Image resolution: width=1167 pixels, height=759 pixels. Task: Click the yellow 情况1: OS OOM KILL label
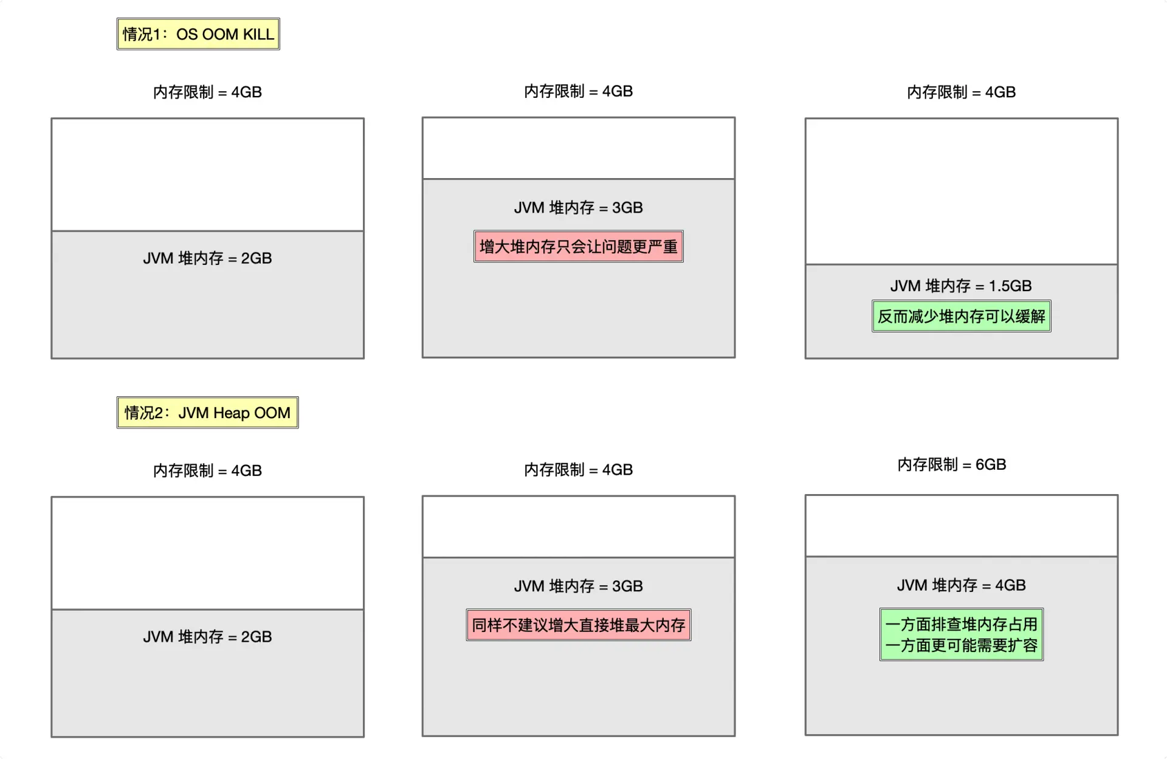click(x=198, y=34)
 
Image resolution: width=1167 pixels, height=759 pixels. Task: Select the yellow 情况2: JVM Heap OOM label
click(x=207, y=413)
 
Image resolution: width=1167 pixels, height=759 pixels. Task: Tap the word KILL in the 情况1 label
click(x=258, y=34)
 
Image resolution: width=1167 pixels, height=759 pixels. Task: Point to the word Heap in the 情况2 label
click(x=231, y=413)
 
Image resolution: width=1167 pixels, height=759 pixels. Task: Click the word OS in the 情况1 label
click(x=187, y=34)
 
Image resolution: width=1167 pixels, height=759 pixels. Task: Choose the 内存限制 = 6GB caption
click(x=952, y=465)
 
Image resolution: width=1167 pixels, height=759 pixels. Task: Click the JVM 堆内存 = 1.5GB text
click(x=961, y=286)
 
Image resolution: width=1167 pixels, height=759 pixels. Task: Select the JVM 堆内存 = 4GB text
click(x=961, y=585)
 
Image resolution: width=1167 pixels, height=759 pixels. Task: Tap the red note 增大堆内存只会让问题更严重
click(x=579, y=246)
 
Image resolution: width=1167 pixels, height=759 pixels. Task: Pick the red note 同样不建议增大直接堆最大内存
click(x=579, y=625)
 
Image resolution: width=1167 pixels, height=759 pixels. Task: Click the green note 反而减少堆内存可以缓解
click(x=962, y=316)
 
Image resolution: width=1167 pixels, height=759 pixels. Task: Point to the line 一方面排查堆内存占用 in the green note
click(x=962, y=624)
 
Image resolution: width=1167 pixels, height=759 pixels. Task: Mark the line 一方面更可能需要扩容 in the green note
click(x=962, y=645)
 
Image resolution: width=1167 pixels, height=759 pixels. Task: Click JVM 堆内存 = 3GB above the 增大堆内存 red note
click(x=579, y=208)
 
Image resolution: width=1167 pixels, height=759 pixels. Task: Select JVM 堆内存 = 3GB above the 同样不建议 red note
click(x=579, y=586)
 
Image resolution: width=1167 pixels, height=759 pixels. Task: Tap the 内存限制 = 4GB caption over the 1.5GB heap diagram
click(x=962, y=92)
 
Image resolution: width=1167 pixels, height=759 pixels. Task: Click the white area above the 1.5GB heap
click(x=962, y=191)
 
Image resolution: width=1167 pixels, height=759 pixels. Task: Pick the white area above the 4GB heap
click(x=962, y=526)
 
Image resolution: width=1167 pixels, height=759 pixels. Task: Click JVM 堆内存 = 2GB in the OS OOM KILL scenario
click(x=207, y=258)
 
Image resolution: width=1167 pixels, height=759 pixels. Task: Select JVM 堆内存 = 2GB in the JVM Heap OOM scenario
click(x=207, y=637)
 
